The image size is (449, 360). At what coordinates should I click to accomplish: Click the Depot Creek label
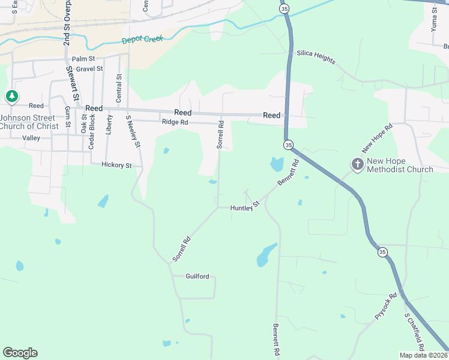142,40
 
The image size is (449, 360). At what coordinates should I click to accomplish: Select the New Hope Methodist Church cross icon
357,164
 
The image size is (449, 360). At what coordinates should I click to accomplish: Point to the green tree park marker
11,96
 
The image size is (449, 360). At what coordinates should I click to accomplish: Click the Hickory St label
116,164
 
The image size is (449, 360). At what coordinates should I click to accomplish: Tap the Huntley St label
245,206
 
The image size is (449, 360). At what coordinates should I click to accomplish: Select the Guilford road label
197,277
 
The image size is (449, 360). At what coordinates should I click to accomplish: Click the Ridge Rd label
175,122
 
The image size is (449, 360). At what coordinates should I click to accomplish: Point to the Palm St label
83,59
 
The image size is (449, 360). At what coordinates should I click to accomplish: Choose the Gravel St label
90,69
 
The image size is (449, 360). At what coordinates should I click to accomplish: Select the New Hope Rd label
377,138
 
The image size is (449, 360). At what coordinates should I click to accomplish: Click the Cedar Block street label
92,131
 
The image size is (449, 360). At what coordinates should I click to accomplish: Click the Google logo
20,353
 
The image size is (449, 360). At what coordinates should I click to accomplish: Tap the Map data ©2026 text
423,355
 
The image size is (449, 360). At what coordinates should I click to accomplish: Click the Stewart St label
73,83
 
